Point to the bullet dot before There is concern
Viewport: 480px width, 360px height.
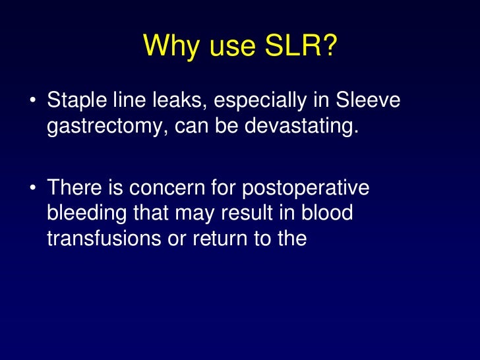point(32,189)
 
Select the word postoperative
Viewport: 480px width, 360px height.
point(306,189)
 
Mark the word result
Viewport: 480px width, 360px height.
point(263,214)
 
